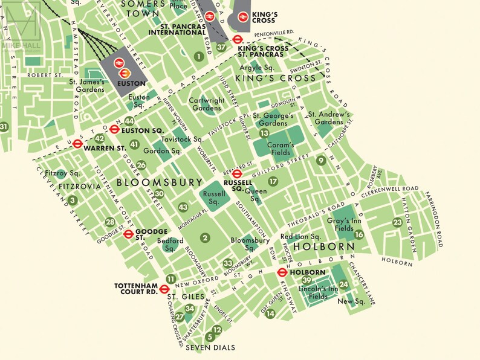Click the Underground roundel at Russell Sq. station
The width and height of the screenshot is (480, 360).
238,173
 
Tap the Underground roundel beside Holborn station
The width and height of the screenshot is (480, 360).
282,272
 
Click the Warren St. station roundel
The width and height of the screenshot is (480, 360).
77,144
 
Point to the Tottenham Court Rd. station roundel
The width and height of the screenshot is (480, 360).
164,289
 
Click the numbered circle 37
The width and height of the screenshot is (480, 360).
222,47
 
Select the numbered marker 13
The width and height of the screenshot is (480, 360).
264,133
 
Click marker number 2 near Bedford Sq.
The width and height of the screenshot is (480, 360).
205,238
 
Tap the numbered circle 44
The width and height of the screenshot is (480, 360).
129,121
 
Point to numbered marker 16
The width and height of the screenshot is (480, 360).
358,234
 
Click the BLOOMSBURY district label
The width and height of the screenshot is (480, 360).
160,182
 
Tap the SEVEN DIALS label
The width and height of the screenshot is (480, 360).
210,348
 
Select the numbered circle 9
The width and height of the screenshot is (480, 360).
321,160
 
